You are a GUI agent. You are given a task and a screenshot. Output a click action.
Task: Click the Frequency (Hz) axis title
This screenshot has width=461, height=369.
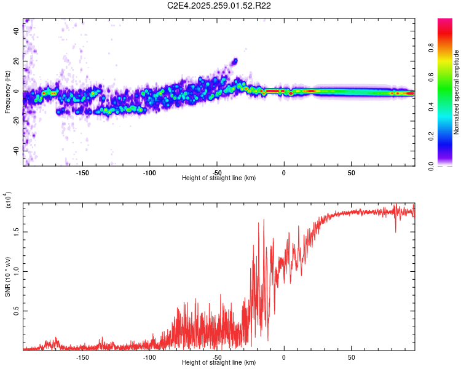tap(7, 92)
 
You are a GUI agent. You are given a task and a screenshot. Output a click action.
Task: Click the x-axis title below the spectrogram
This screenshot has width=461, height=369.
tap(219, 178)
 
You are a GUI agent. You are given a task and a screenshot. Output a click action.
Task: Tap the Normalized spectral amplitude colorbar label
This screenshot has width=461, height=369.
tap(457, 92)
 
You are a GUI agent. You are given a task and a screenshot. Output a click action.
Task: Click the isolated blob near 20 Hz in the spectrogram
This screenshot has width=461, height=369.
tap(234, 61)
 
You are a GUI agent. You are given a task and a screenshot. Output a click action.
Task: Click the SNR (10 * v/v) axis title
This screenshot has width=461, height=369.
tap(7, 276)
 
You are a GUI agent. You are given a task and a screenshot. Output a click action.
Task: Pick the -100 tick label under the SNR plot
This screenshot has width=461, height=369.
tap(149, 357)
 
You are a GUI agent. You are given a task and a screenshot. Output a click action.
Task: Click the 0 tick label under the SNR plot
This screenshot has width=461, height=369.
tap(284, 357)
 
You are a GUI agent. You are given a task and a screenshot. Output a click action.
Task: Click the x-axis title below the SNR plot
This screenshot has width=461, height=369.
tap(219, 363)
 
